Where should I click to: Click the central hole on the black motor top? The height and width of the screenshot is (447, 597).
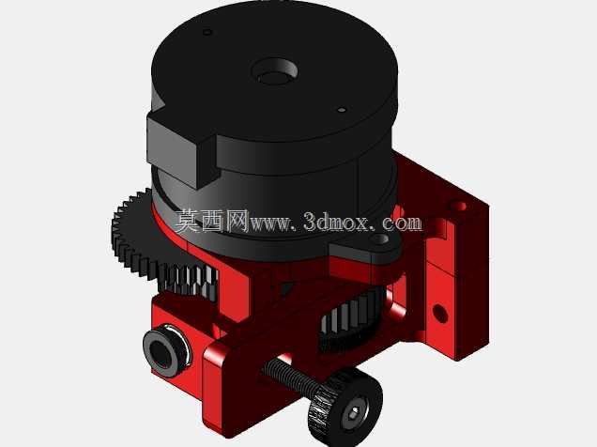(x=274, y=72)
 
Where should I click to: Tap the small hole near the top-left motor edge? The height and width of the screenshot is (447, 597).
(x=207, y=32)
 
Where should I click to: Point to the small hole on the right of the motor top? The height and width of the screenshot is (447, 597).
(x=342, y=110)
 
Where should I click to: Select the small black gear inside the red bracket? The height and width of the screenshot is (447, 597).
(x=348, y=320)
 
